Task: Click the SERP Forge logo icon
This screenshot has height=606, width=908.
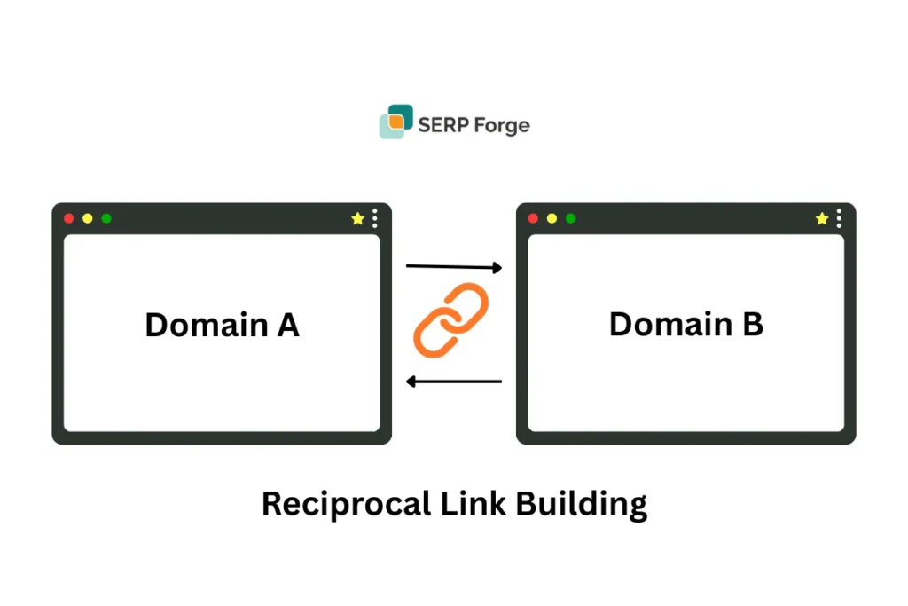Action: click(396, 122)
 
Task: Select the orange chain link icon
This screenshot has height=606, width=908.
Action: click(451, 320)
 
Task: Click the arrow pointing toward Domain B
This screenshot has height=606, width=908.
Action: click(454, 266)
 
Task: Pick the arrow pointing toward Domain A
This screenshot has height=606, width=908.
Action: click(454, 382)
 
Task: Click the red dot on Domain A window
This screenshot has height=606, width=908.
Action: click(69, 218)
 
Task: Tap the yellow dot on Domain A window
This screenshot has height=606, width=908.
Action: click(88, 218)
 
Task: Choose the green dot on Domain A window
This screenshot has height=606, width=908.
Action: click(106, 218)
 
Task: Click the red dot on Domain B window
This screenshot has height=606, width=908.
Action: click(533, 218)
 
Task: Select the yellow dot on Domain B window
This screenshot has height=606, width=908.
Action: click(552, 218)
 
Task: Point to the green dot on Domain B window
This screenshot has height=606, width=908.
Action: click(570, 218)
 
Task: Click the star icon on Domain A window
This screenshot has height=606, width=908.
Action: click(357, 218)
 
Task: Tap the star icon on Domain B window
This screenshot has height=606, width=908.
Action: click(822, 218)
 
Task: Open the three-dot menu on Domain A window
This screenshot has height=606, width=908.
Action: click(375, 218)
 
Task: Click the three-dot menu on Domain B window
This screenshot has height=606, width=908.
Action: click(839, 218)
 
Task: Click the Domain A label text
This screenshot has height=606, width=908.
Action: click(222, 326)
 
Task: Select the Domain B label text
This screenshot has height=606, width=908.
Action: click(685, 324)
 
